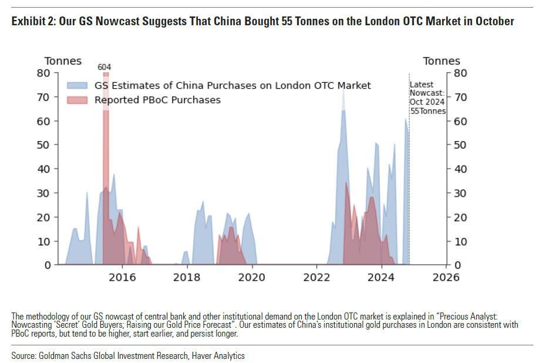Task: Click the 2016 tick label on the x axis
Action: (122, 277)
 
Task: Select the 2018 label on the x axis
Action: (187, 277)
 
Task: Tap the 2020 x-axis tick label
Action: (251, 277)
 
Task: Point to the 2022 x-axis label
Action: (316, 277)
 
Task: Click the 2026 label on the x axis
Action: (446, 277)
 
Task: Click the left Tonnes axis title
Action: (63, 61)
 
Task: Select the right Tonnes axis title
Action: (442, 61)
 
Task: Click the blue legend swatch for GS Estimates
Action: (78, 86)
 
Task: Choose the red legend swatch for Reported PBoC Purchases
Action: (78, 100)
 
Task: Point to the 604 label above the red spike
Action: (105, 67)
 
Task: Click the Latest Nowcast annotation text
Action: (427, 98)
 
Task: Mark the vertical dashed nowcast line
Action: (409, 176)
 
